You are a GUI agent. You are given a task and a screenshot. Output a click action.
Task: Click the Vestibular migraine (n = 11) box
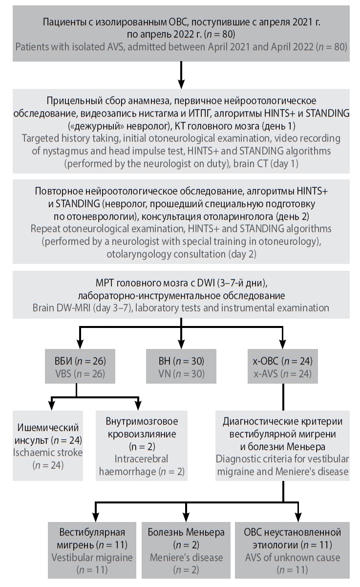coord(93,550)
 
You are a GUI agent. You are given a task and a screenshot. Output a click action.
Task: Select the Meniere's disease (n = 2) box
coord(186,550)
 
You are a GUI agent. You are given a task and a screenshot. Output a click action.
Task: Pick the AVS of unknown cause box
coord(292,550)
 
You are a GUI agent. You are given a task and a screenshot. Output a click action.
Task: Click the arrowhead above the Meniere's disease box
coord(186,517)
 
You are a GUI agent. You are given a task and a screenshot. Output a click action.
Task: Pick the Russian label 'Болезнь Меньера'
coord(186,532)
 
